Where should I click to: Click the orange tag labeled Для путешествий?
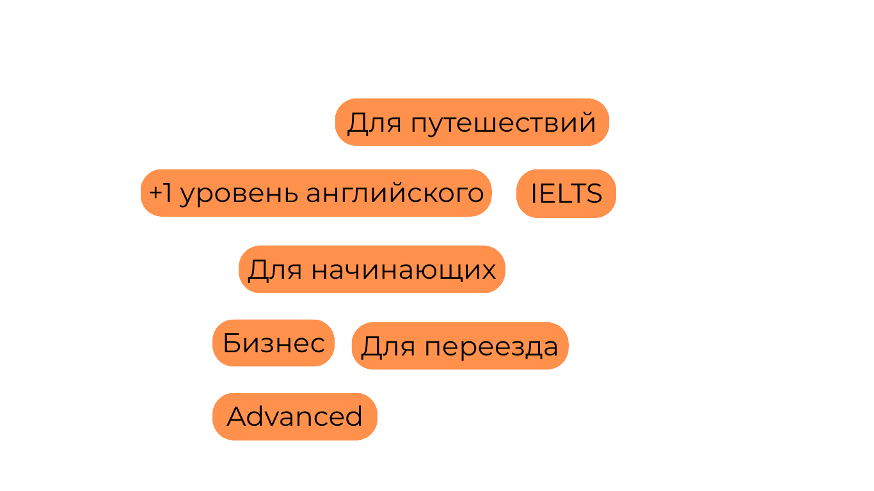click(x=472, y=122)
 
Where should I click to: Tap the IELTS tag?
click(x=566, y=193)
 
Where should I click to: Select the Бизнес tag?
click(x=273, y=343)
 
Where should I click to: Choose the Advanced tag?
click(x=294, y=417)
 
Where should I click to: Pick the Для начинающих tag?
click(x=372, y=270)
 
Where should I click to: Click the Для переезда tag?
click(x=459, y=347)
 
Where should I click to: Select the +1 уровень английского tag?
click(x=316, y=193)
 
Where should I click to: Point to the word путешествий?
click(x=503, y=123)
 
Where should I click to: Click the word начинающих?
click(x=403, y=270)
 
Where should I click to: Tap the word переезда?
click(x=491, y=347)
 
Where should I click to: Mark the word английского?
click(x=395, y=194)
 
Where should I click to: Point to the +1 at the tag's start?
click(x=160, y=193)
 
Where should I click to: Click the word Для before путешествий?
click(x=374, y=123)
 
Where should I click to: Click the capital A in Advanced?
click(x=237, y=417)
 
